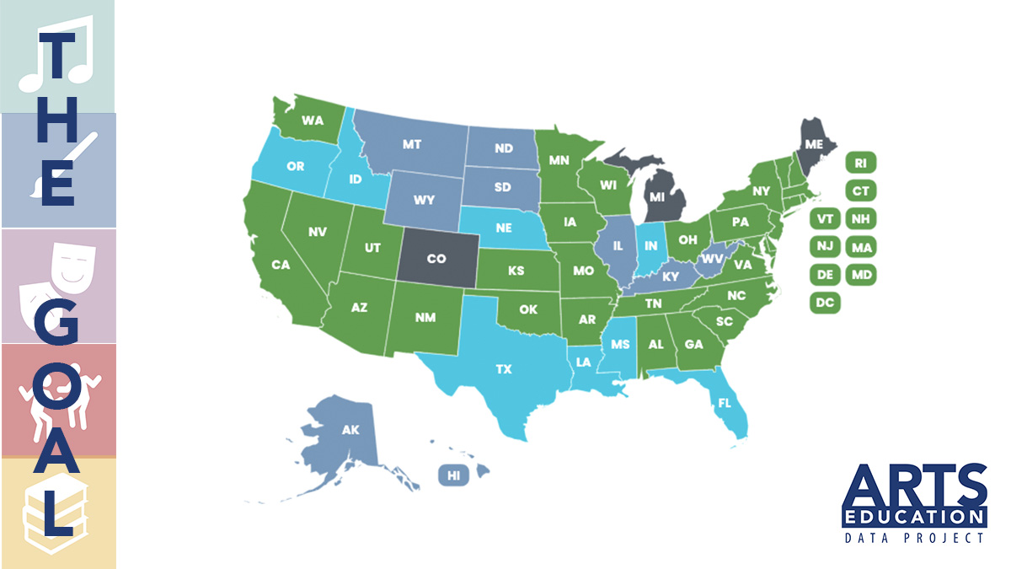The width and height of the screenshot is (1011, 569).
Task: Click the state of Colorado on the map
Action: click(x=436, y=260)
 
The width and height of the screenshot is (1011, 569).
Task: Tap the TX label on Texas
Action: click(x=504, y=369)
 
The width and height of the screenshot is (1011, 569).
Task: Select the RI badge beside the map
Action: click(x=860, y=163)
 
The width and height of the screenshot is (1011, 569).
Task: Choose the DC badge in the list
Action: click(x=825, y=302)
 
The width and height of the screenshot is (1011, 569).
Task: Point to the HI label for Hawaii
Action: click(x=453, y=476)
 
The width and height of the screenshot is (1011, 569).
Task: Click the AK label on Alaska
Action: click(x=350, y=430)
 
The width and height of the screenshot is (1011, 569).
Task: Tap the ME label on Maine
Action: click(x=814, y=144)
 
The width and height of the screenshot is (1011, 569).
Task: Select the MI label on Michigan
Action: click(x=656, y=196)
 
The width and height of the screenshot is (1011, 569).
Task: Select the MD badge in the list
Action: click(x=860, y=275)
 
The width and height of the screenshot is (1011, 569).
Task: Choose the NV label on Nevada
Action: click(x=318, y=231)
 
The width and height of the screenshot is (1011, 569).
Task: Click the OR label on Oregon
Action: click(x=296, y=166)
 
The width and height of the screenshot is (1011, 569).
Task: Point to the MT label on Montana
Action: click(x=412, y=145)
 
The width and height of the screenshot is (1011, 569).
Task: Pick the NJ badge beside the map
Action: click(x=825, y=247)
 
